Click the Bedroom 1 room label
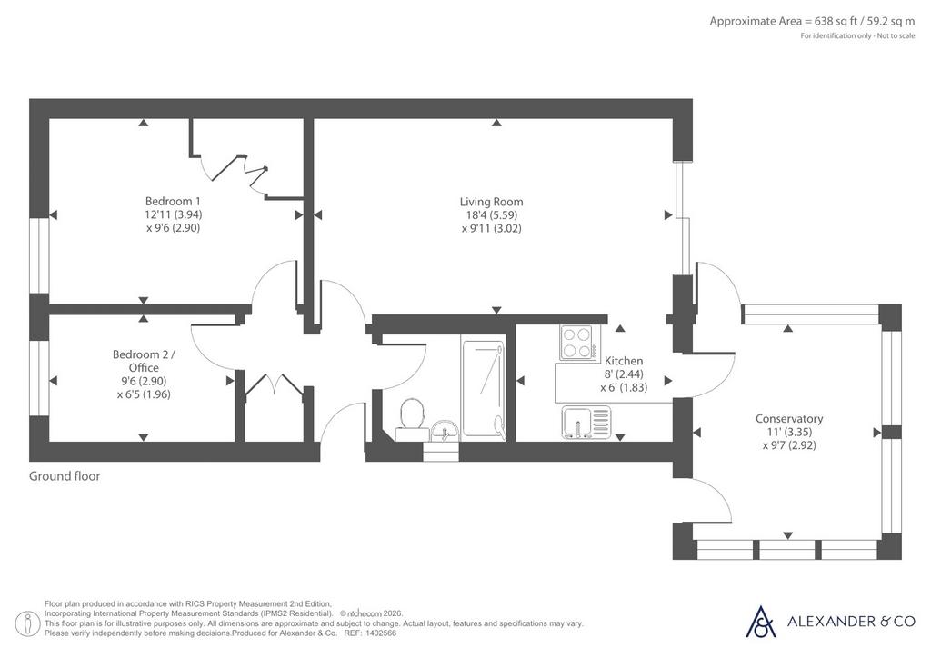pos(173,201)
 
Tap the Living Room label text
pos(491,202)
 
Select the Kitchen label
pos(624,361)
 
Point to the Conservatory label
pos(788,419)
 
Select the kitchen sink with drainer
pos(586,422)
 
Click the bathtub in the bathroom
pos(484,387)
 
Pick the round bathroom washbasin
pos(445,431)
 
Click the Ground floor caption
pos(65,476)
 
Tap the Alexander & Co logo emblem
pos(761,622)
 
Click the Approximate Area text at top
pos(812,22)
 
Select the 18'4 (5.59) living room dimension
pos(492,214)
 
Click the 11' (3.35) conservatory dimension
pos(788,432)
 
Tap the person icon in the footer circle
pos(27,623)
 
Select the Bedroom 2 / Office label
pos(144,361)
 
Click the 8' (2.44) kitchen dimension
pos(624,374)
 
